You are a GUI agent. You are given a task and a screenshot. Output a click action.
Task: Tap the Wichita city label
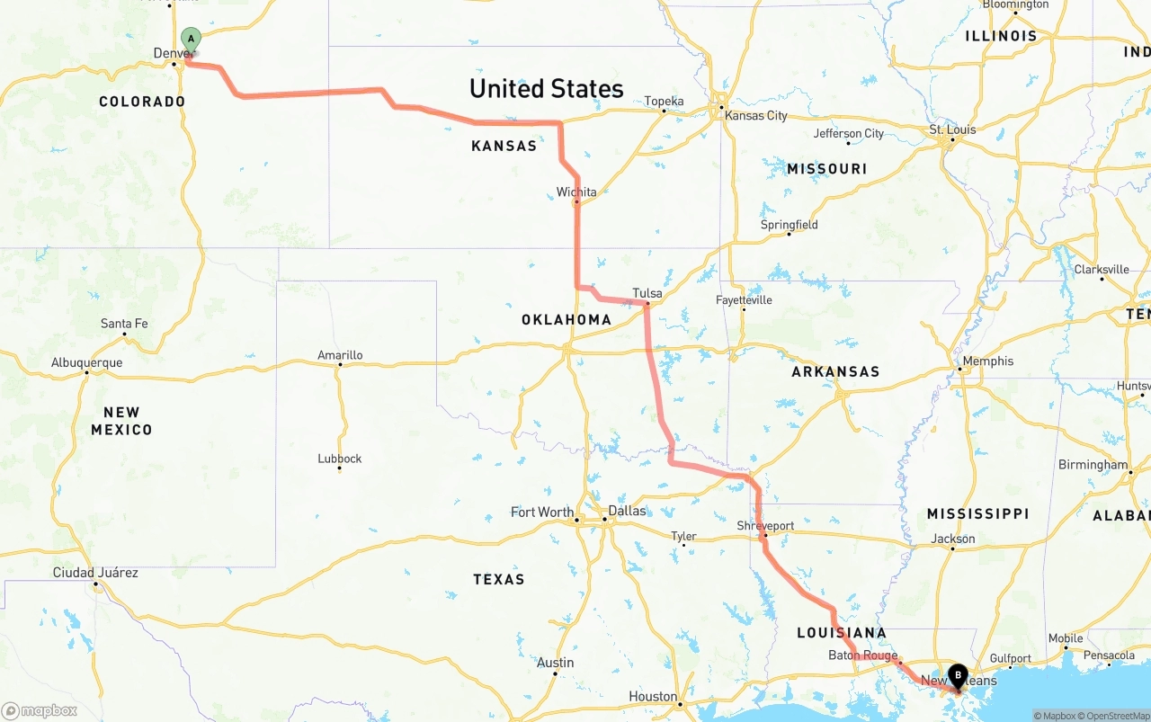[575, 192]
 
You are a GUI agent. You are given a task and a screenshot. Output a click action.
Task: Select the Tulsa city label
[647, 293]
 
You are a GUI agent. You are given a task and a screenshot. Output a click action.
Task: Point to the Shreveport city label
[765, 525]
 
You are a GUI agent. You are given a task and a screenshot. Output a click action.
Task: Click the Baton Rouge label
[862, 655]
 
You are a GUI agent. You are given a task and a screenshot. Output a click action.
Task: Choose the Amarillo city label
[340, 355]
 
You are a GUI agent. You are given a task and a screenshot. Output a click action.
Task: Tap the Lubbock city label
[339, 459]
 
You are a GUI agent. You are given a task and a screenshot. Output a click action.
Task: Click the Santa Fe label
[124, 324]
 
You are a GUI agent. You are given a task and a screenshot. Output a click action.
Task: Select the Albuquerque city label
[86, 363]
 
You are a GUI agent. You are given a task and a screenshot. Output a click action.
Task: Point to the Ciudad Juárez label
[95, 573]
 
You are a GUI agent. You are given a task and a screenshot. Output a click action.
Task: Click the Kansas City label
[755, 115]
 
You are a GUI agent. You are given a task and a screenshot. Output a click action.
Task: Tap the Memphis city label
[987, 361]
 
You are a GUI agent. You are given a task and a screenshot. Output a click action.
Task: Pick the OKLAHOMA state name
[566, 319]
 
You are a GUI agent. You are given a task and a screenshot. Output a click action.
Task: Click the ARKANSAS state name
[835, 371]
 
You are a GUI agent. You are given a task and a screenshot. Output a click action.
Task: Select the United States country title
[546, 88]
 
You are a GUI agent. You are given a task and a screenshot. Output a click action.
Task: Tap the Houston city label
[653, 697]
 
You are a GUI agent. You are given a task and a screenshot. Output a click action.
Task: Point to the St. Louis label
[952, 129]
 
